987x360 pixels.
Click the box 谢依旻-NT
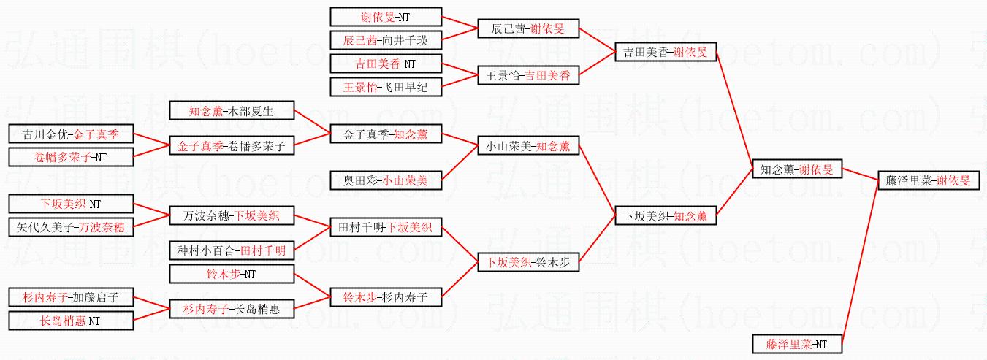click(x=386, y=17)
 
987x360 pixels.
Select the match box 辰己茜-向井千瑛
click(x=386, y=40)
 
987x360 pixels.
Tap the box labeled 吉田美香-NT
click(x=386, y=64)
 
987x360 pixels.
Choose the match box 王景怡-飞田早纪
click(x=386, y=87)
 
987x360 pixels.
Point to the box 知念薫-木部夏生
click(x=232, y=111)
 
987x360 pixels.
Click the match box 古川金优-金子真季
click(x=71, y=134)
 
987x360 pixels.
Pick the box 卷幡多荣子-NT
click(x=71, y=157)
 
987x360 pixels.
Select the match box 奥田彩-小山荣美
click(x=386, y=180)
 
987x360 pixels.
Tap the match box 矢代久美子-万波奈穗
click(x=71, y=227)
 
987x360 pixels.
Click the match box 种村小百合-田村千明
click(x=232, y=250)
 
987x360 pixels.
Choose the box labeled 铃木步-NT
click(x=232, y=275)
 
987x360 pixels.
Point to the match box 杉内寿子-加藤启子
click(x=71, y=297)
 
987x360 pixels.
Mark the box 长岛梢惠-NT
click(x=71, y=321)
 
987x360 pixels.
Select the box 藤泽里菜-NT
click(x=798, y=343)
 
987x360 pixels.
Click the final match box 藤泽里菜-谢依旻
click(x=928, y=180)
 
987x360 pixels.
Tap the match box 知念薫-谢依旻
click(x=798, y=169)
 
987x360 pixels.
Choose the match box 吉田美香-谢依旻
click(x=665, y=52)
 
